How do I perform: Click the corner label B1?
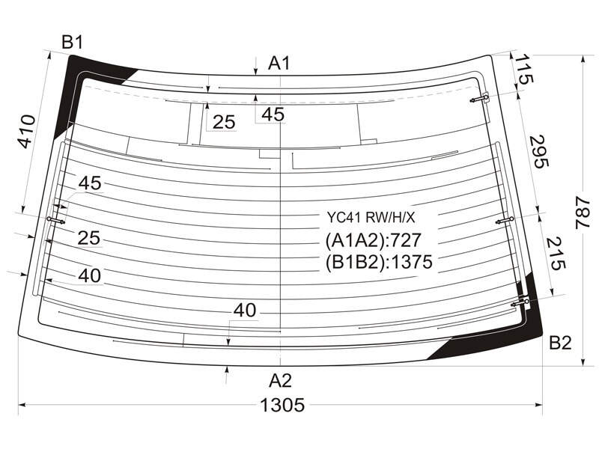click(x=72, y=43)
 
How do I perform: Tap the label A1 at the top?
click(x=279, y=63)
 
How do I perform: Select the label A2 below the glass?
click(x=280, y=381)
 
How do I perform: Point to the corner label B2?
click(x=560, y=343)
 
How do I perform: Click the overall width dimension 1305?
click(x=282, y=405)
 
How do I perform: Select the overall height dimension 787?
click(x=583, y=213)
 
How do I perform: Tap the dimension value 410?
click(x=27, y=132)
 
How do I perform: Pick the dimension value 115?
click(x=523, y=69)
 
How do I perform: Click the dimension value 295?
click(x=539, y=151)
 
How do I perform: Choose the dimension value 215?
click(x=555, y=254)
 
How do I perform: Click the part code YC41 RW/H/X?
click(x=371, y=218)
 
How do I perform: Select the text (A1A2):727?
click(x=373, y=240)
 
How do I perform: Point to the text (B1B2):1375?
click(x=379, y=262)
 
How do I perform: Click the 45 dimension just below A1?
click(x=273, y=114)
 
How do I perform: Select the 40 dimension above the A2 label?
click(x=245, y=310)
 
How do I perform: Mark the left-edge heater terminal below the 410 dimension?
click(x=55, y=220)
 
